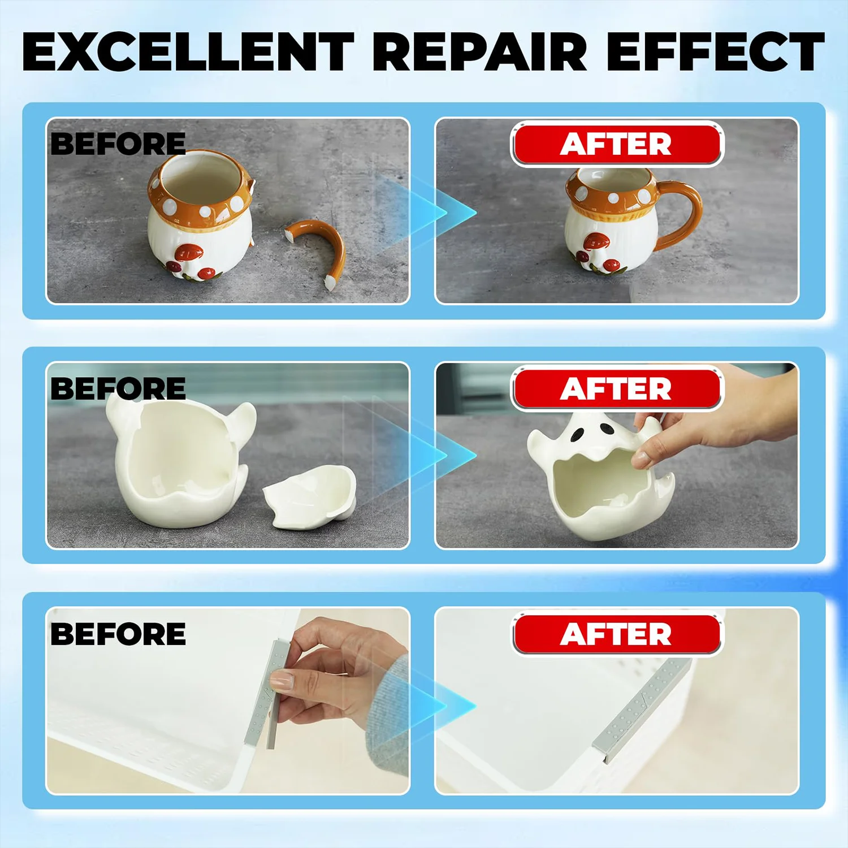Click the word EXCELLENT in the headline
(188, 51)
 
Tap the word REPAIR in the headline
(480, 51)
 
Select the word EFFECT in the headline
(716, 51)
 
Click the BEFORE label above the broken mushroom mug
(118, 144)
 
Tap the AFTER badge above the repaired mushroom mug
(617, 145)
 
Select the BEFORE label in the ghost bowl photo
(118, 388)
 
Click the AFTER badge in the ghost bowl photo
(617, 389)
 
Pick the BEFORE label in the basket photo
(118, 634)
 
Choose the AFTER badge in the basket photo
(617, 634)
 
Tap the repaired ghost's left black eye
(578, 435)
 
